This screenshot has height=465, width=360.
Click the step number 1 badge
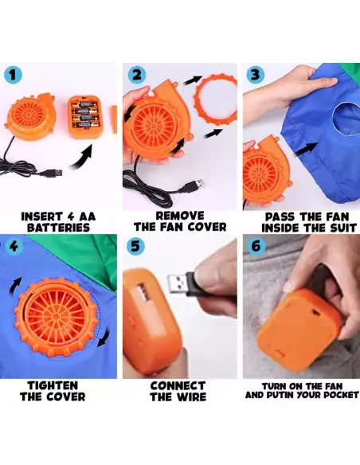tap(13, 75)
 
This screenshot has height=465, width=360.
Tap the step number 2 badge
tap(137, 75)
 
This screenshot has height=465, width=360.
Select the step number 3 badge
tap(256, 74)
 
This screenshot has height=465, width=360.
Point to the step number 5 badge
tap(135, 246)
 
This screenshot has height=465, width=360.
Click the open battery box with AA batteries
tap(84, 115)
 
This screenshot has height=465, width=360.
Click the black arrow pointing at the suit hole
tap(306, 149)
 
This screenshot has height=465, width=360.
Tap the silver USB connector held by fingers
tap(179, 283)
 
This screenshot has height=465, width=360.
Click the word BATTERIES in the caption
tap(58, 228)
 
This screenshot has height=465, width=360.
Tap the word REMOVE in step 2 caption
tap(180, 216)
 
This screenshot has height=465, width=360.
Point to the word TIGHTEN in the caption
tap(53, 386)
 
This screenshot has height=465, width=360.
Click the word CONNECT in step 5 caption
tap(178, 386)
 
